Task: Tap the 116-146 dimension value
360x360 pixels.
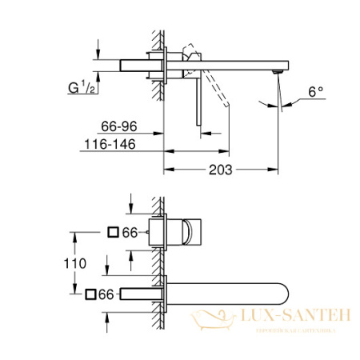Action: pyautogui.click(x=111, y=142)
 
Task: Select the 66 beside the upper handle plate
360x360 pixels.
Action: pyautogui.click(x=130, y=232)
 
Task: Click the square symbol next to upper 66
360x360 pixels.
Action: pyautogui.click(x=113, y=232)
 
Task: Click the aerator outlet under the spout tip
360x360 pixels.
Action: pyautogui.click(x=277, y=74)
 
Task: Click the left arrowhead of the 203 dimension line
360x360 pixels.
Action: pyautogui.click(x=167, y=169)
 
